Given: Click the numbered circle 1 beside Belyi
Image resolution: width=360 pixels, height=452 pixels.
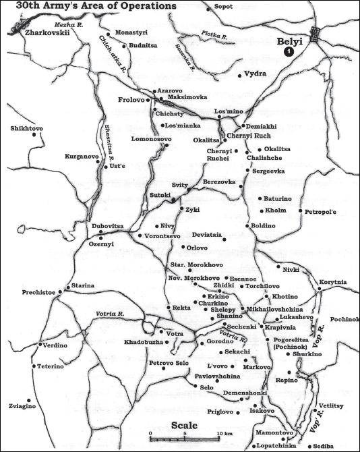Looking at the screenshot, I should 288,51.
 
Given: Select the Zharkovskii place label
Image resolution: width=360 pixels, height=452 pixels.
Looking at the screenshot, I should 45,32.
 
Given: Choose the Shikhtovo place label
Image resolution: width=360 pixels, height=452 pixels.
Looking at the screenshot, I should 26,128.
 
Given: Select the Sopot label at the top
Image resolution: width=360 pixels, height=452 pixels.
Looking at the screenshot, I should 242,7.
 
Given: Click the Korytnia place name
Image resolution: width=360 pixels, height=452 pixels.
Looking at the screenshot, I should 332,282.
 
